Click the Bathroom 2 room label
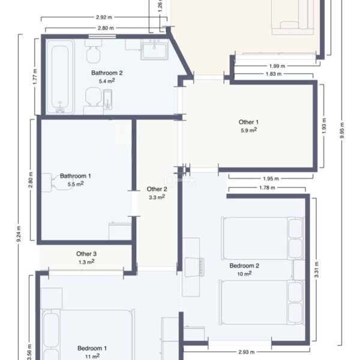click(x=107, y=73)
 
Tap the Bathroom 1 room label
click(x=76, y=176)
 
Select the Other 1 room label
click(x=248, y=122)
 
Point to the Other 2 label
click(x=157, y=189)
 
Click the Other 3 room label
click(x=86, y=254)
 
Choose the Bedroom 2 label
click(x=244, y=266)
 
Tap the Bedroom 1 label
click(x=92, y=348)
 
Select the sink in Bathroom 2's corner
click(x=155, y=49)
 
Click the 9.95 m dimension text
click(x=342, y=130)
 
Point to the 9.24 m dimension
click(x=19, y=234)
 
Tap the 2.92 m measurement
click(x=104, y=17)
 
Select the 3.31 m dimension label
click(x=316, y=269)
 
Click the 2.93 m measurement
click(x=247, y=352)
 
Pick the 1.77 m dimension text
click(x=35, y=77)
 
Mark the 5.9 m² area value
click(x=248, y=130)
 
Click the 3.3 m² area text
click(x=157, y=197)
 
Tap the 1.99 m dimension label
click(x=277, y=66)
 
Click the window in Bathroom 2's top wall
click(x=102, y=36)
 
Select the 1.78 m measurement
click(x=267, y=188)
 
